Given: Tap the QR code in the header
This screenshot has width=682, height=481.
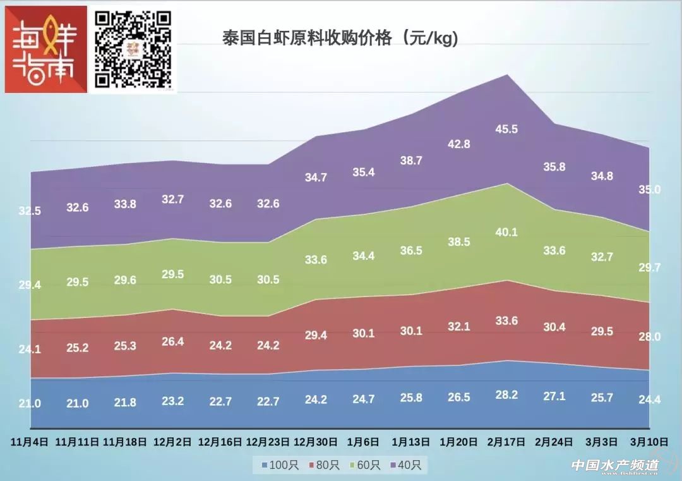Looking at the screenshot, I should (133, 49).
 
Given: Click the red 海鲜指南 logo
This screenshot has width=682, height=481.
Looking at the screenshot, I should (45, 49).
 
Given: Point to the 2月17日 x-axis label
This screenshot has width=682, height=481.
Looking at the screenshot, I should (506, 441).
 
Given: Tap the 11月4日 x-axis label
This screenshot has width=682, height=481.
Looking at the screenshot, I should (29, 441).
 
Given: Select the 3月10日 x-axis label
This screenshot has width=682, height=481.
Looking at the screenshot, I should (650, 441).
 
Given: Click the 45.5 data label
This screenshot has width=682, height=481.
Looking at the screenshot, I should (506, 129).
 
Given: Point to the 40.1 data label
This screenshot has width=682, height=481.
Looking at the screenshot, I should (506, 232).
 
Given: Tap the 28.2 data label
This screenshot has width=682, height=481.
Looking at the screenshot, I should (506, 394).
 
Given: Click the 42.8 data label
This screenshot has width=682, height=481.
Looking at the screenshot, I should (459, 143).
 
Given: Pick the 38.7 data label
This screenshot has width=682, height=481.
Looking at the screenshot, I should (411, 161).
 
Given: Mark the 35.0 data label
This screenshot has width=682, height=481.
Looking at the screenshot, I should (649, 190).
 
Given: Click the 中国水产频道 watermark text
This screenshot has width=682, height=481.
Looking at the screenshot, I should (614, 465).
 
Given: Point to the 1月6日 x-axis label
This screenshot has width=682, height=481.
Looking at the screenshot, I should (364, 441).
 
